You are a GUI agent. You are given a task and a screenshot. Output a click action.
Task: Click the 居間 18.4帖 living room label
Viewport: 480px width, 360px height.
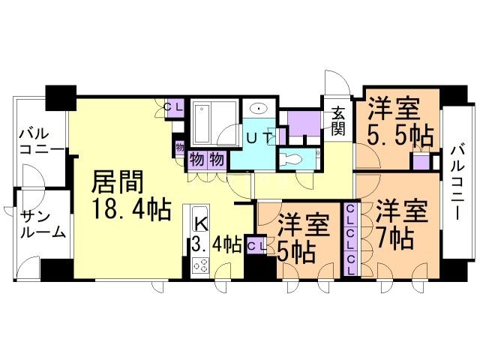pos(130,195)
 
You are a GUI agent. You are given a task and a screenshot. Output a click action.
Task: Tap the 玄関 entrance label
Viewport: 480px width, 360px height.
pos(337,121)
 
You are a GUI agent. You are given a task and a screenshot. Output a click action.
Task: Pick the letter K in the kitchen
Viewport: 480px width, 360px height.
pos(202,225)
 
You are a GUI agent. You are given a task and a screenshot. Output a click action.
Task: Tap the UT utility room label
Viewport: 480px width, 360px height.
pos(259,139)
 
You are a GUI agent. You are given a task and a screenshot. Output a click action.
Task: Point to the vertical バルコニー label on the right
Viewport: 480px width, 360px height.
pos(458,183)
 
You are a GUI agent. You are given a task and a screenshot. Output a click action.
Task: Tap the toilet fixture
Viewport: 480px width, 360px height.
pos(291,159)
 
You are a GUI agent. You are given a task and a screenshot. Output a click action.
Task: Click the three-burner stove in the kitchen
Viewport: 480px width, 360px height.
pos(200,265)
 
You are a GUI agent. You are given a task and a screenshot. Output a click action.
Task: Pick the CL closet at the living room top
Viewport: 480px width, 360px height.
pos(174,108)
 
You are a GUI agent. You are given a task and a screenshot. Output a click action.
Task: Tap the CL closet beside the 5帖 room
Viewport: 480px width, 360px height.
pos(255,244)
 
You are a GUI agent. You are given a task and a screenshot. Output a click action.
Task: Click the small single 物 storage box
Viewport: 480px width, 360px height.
pos(180,148)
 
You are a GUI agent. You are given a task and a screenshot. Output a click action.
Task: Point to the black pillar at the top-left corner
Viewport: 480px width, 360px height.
pos(61,98)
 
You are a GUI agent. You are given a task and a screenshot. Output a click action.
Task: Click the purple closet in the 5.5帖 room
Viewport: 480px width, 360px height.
pos(421,160)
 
